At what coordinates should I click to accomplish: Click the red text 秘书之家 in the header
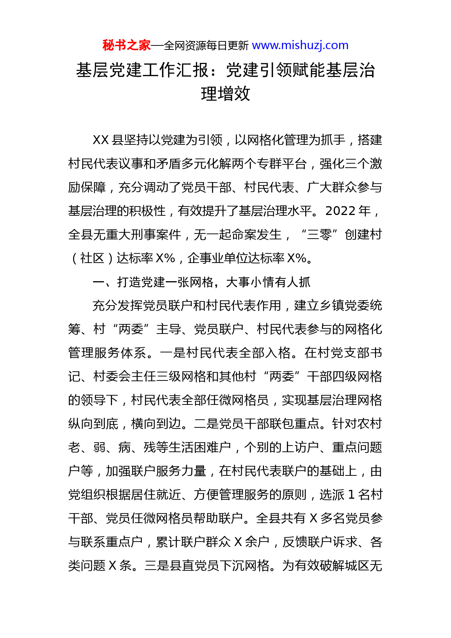tap(126, 45)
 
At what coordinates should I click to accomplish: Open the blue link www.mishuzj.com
tap(300, 45)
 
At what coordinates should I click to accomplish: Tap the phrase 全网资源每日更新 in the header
tap(206, 46)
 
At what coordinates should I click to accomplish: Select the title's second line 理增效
tap(225, 94)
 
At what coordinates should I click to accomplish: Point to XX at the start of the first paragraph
tap(101, 140)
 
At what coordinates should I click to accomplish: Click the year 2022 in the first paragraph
tap(340, 211)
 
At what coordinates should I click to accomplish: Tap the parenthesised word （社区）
tap(92, 258)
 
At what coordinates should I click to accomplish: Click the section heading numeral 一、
tap(103, 282)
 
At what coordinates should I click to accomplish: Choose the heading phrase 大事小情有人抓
tap(268, 282)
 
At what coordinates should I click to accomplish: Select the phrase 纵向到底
tap(93, 424)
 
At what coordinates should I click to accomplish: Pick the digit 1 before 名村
tap(351, 495)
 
